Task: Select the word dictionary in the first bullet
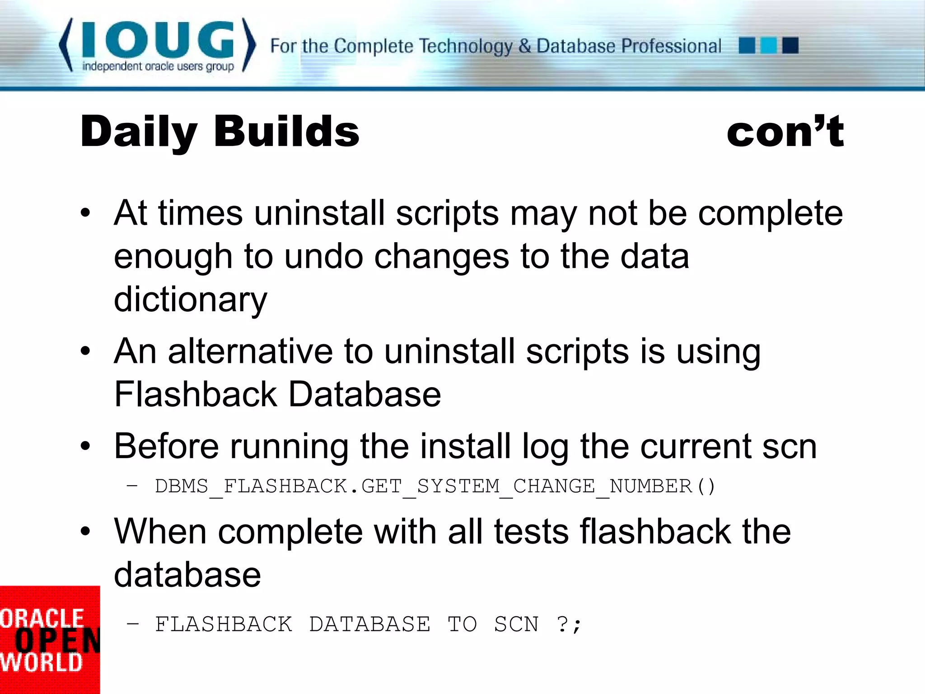coord(190,300)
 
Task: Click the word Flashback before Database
coord(196,394)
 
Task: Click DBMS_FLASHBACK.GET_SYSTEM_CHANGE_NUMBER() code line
coord(434,487)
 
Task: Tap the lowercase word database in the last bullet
coord(187,575)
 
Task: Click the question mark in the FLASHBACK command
coord(562,624)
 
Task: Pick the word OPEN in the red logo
coord(56,641)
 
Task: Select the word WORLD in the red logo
coord(42,663)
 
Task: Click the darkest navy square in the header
coord(790,46)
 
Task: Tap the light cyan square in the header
coord(768,46)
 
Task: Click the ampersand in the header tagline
coord(524,46)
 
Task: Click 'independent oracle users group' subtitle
coord(158,66)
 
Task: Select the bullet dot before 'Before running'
coord(85,446)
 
